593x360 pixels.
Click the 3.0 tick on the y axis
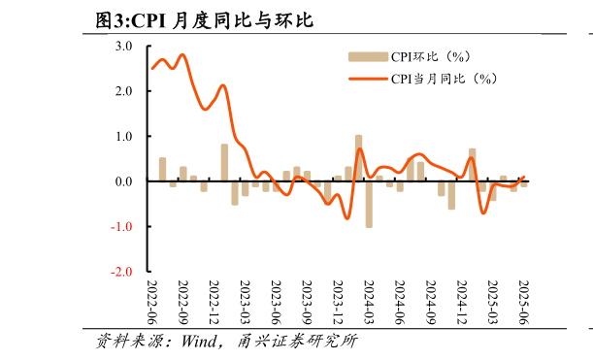click(125, 46)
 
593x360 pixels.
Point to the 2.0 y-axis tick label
click(125, 91)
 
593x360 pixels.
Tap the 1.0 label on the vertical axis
click(125, 137)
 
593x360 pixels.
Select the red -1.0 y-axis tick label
click(123, 227)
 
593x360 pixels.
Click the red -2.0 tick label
click(123, 273)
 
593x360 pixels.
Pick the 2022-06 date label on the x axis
click(151, 305)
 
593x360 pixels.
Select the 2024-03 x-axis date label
click(369, 305)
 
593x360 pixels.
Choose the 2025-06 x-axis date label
click(524, 305)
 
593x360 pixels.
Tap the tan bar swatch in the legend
click(367, 56)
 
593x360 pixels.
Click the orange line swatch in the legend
click(367, 79)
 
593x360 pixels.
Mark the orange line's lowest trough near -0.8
click(347, 218)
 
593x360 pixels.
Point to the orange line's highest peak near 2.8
click(182, 55)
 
